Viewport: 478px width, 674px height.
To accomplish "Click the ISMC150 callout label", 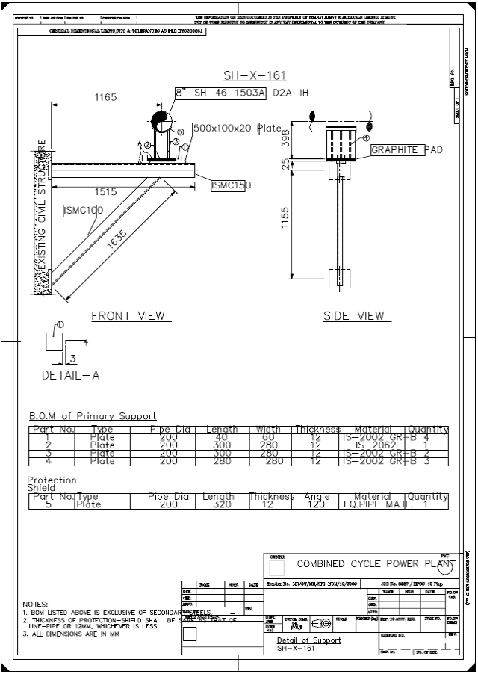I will point(231,185).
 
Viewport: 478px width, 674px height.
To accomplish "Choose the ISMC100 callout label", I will point(83,211).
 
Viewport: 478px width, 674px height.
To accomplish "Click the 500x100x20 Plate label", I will point(237,129).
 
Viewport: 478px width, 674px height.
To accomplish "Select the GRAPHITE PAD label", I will point(407,150).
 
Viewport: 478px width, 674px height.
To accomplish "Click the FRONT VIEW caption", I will point(128,316).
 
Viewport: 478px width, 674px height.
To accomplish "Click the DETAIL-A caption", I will point(70,375).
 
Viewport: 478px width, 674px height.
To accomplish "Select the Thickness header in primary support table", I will point(317,430).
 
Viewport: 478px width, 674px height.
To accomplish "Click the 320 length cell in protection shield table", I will point(218,505).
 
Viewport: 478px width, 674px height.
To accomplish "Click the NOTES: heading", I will point(35,604).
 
